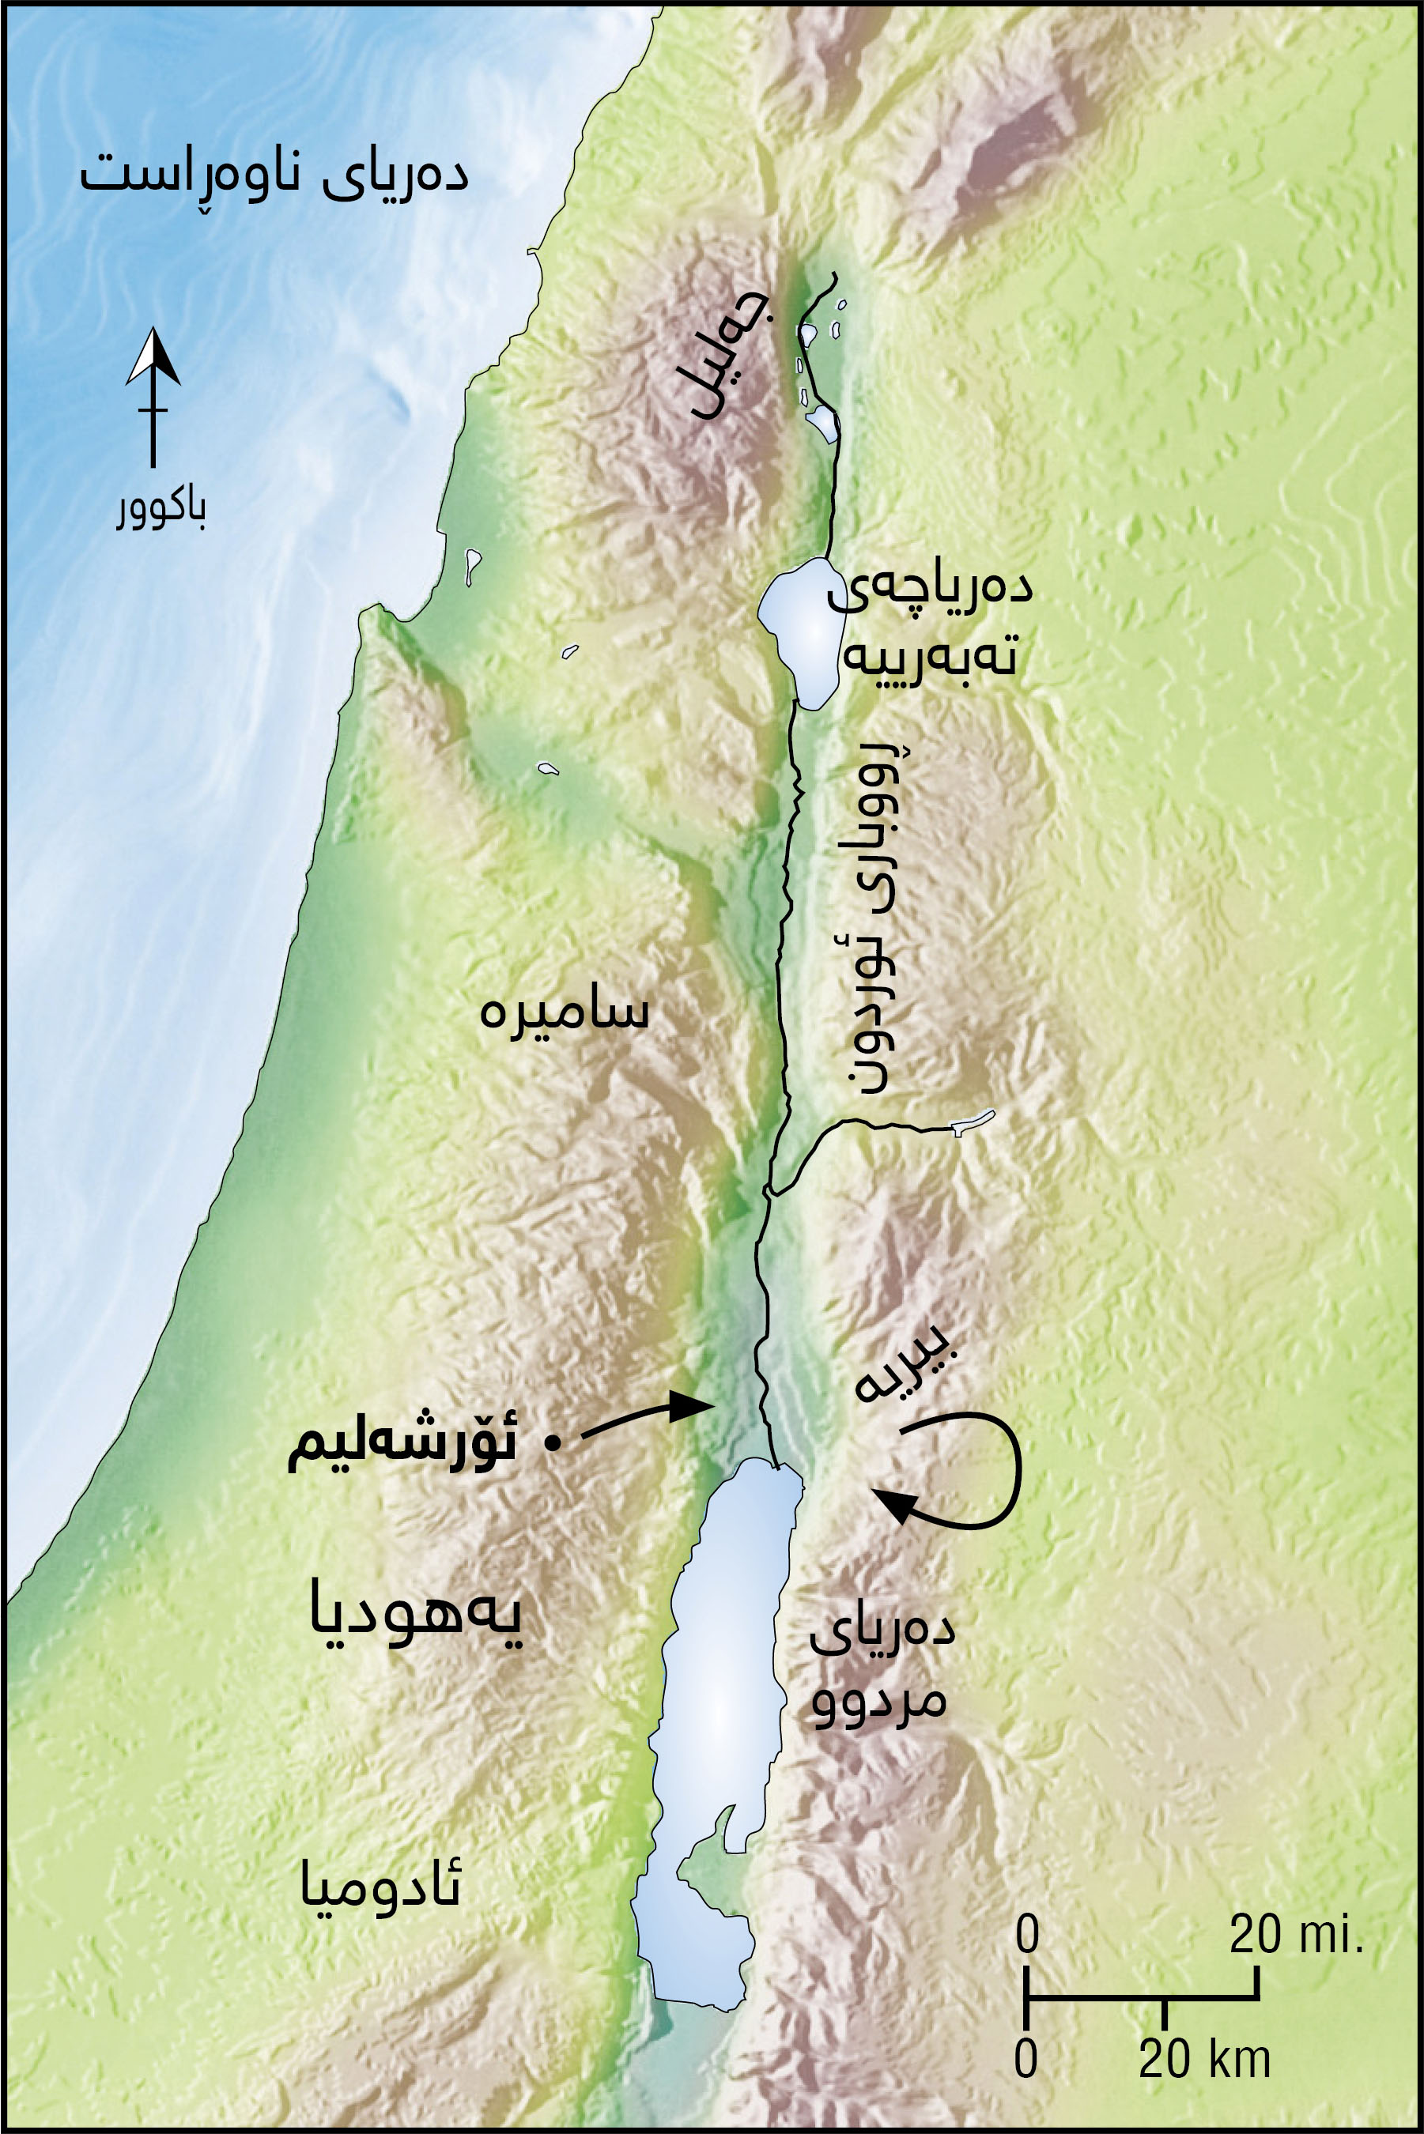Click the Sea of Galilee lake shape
pyautogui.click(x=797, y=630)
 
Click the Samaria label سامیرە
pyautogui.click(x=564, y=1011)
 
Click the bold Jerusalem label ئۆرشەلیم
pyautogui.click(x=402, y=1444)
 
